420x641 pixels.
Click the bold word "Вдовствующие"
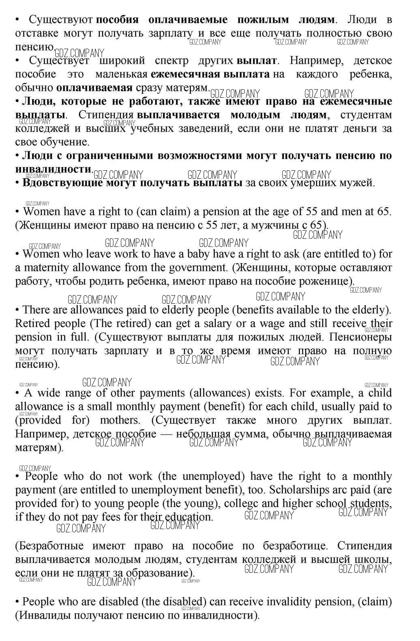(x=62, y=183)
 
